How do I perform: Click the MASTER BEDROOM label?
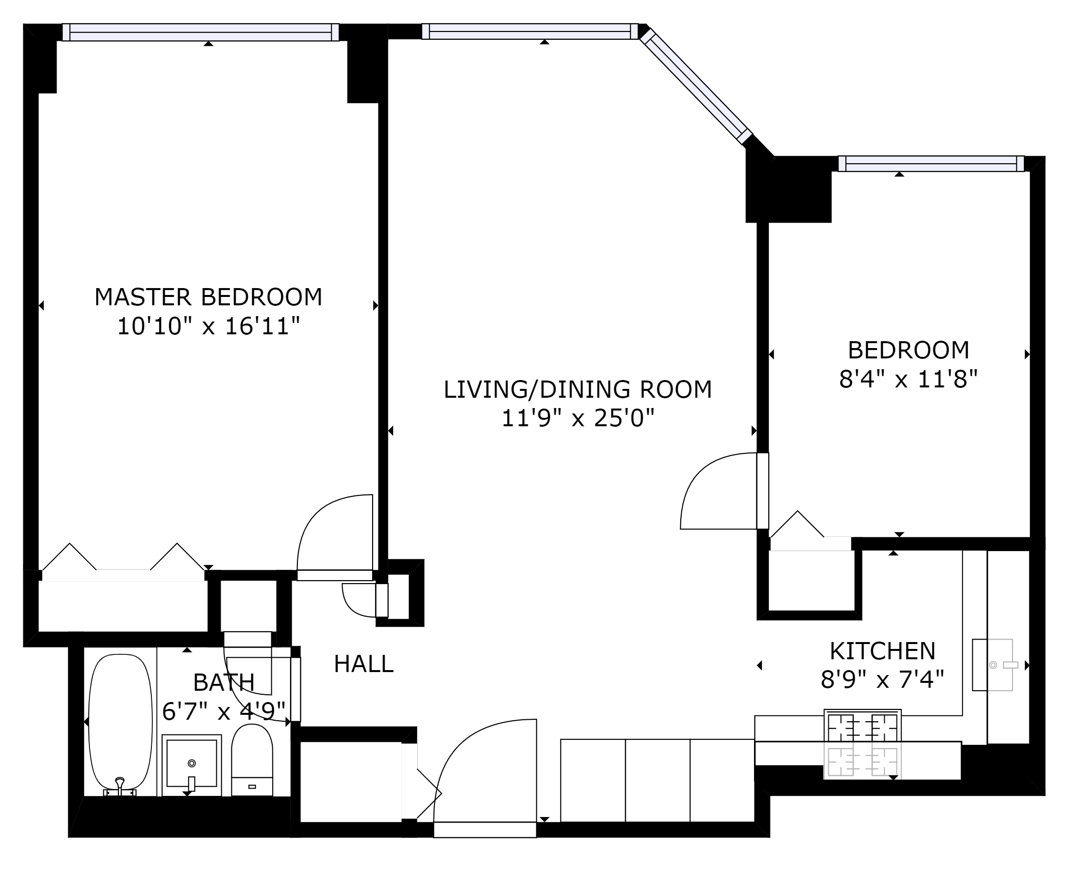point(208,297)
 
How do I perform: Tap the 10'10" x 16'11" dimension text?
point(208,326)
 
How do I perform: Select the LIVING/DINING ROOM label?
point(578,390)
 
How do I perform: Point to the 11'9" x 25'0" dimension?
point(578,419)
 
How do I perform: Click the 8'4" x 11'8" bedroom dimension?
point(908,379)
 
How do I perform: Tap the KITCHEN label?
point(882,650)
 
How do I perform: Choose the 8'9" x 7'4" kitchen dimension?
point(882,679)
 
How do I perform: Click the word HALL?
point(364,664)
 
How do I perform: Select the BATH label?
point(224,682)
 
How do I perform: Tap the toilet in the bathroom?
point(252,760)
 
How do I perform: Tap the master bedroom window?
point(201,32)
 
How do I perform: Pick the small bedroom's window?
point(931,163)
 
